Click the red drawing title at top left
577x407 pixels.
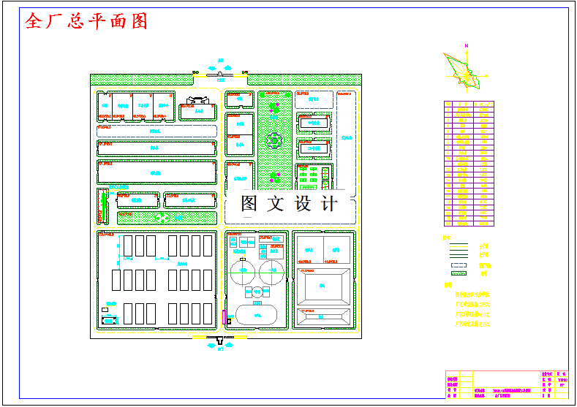86,20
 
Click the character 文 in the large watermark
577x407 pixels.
276,204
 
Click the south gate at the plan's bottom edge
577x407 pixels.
220,340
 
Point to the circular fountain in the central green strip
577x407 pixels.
274,139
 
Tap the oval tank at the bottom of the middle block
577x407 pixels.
257,316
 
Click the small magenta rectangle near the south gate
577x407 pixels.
224,316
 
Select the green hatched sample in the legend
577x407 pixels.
459,273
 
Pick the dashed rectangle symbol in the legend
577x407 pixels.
459,264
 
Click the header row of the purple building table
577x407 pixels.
469,105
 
